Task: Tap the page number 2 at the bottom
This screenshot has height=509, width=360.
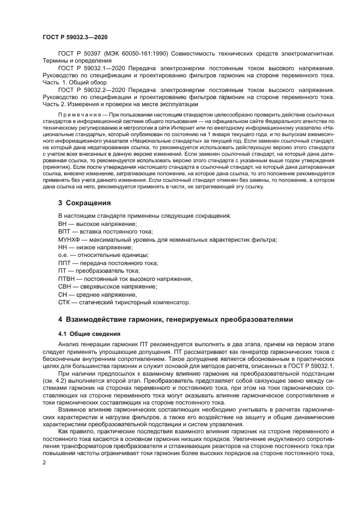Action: tap(45, 462)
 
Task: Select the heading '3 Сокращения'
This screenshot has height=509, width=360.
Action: tap(84, 203)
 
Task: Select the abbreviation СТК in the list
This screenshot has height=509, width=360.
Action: tap(65, 302)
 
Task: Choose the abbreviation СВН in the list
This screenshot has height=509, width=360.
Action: tap(65, 286)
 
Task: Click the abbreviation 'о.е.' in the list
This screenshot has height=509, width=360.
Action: tap(64, 255)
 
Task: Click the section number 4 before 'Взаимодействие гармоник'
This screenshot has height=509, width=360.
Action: tap(60, 319)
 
